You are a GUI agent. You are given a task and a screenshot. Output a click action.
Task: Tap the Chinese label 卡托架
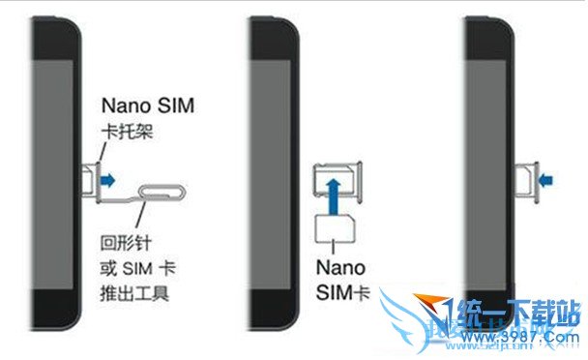[126, 132]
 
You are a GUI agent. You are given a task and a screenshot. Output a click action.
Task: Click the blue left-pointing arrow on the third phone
[545, 178]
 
